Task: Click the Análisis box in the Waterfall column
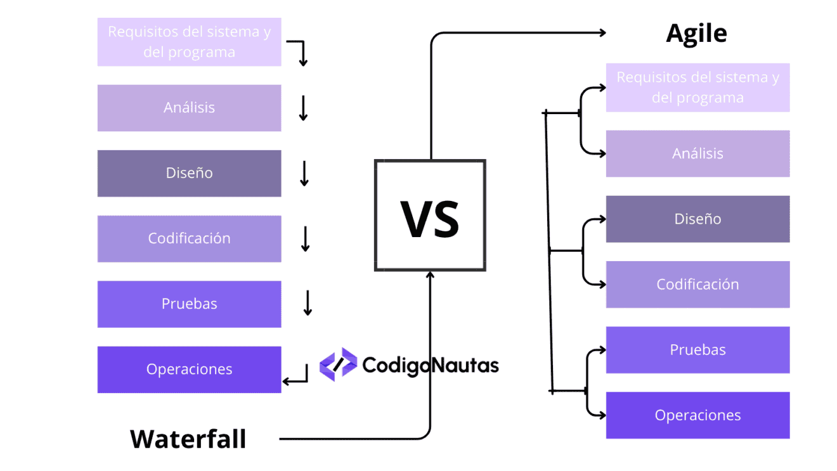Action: (x=189, y=108)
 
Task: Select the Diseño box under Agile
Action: (x=697, y=219)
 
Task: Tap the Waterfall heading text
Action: (x=188, y=439)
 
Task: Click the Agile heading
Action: (x=696, y=34)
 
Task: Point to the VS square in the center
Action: (x=430, y=216)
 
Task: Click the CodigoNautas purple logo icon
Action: (x=338, y=365)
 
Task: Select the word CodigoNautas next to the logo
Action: (x=431, y=365)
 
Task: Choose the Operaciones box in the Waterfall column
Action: (x=189, y=369)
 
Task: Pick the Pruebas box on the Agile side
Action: (x=697, y=350)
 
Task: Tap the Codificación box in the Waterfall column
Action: (x=189, y=238)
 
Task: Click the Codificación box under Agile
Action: (x=697, y=284)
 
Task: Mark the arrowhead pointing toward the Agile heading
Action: (x=602, y=34)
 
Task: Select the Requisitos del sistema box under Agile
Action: (x=697, y=87)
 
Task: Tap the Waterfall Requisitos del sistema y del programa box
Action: (x=189, y=42)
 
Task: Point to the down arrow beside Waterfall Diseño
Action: (x=304, y=174)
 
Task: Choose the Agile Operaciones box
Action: (x=697, y=415)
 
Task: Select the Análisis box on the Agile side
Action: (x=697, y=153)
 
